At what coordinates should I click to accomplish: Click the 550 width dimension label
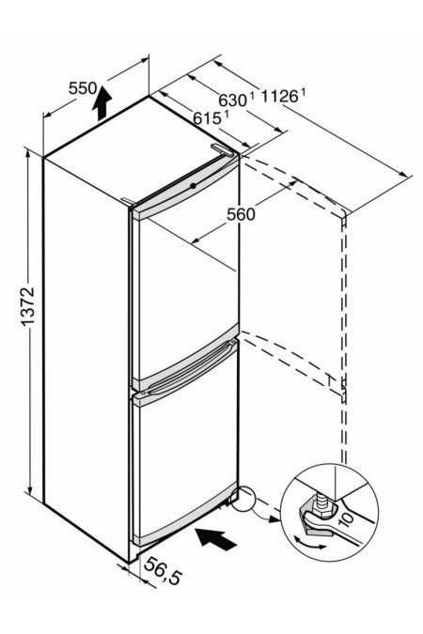[x=83, y=87]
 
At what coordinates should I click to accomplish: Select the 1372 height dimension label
[x=28, y=305]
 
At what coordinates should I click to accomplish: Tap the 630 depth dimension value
[x=233, y=100]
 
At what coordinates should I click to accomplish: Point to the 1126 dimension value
[x=279, y=97]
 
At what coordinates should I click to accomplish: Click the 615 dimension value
[x=207, y=118]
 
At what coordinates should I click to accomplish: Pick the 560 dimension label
[x=242, y=214]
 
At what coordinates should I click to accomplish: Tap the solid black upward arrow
[x=102, y=103]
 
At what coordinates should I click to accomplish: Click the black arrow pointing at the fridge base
[x=216, y=538]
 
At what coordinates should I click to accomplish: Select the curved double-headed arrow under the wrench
[x=309, y=543]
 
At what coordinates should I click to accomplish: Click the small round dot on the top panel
[x=194, y=186]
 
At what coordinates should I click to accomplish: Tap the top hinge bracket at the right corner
[x=222, y=149]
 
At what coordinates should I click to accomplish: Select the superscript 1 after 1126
[x=302, y=93]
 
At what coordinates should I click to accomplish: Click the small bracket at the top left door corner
[x=127, y=200]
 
